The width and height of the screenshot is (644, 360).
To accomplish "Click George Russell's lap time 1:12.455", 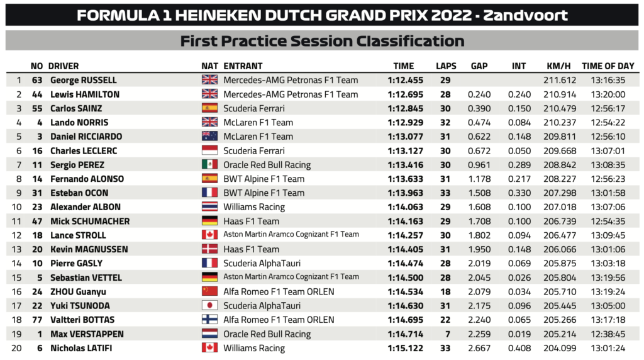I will (x=404, y=80).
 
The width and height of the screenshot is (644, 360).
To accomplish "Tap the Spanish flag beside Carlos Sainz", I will (x=209, y=108).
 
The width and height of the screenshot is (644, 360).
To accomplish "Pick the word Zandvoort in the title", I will (x=525, y=15).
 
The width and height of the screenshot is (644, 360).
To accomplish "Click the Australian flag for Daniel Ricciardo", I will (x=209, y=137).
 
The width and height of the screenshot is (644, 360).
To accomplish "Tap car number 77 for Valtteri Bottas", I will (x=37, y=320).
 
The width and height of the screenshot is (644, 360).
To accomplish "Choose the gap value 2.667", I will (x=479, y=348).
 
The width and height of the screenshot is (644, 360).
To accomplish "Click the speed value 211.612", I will (x=558, y=80).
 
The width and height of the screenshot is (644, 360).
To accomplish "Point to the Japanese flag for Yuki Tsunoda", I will (x=209, y=306).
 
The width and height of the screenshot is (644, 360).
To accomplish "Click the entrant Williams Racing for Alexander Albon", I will (x=254, y=207).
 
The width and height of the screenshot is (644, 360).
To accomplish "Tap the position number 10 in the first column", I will (x=18, y=207).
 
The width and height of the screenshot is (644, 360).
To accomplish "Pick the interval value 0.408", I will (x=519, y=348).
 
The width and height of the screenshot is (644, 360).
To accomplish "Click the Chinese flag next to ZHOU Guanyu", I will (x=209, y=291).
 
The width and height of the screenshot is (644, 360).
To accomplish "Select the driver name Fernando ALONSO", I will (x=87, y=179).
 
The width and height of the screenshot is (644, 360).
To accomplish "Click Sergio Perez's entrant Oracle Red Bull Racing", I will (x=267, y=165).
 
